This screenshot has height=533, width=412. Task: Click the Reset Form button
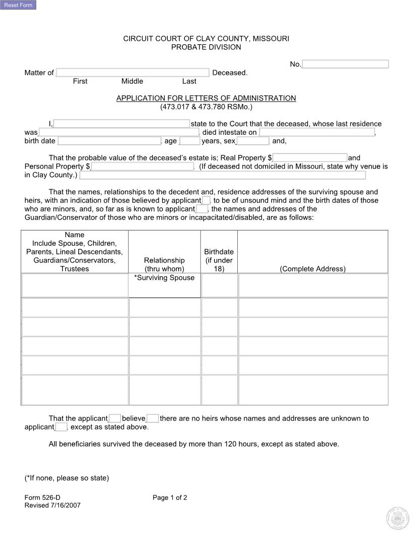(18, 5)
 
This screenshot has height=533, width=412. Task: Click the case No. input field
(345, 64)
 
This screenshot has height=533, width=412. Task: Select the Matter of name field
(132, 73)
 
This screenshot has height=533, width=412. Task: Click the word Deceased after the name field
(230, 73)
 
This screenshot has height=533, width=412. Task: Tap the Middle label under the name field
(132, 81)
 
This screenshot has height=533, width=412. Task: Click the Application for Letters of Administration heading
(206, 98)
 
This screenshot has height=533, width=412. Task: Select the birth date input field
(109, 141)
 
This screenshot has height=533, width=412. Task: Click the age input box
(190, 141)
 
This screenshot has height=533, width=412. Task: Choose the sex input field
(253, 141)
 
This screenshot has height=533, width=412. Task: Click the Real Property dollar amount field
(310, 158)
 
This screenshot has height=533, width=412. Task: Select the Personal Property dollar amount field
(142, 167)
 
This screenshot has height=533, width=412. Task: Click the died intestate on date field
(317, 132)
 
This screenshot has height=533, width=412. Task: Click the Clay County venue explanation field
(222, 175)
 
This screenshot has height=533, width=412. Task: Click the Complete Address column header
(313, 269)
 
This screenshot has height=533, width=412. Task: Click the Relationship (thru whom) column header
(164, 264)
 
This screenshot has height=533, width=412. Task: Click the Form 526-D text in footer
(42, 498)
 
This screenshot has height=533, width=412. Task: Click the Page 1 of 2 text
(170, 498)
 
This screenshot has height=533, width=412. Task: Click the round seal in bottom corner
(397, 517)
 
